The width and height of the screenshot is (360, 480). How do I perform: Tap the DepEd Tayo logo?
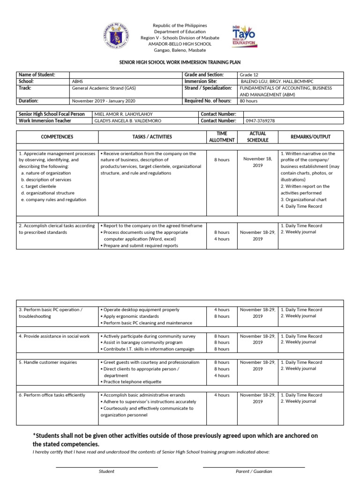244,36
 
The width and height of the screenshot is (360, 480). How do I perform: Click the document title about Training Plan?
180,62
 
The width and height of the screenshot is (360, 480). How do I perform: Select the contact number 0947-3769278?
260,120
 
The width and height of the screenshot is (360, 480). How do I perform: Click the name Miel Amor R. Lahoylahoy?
123,114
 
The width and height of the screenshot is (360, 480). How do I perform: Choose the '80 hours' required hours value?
248,101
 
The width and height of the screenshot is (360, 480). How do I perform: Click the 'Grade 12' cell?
248,75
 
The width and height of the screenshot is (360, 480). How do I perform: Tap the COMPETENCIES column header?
57,137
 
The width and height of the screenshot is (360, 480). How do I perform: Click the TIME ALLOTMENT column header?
222,137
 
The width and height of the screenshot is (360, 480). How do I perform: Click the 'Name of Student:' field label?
37,75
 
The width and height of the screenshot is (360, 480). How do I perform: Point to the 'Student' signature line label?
106,471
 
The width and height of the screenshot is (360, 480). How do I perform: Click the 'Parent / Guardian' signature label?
254,471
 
